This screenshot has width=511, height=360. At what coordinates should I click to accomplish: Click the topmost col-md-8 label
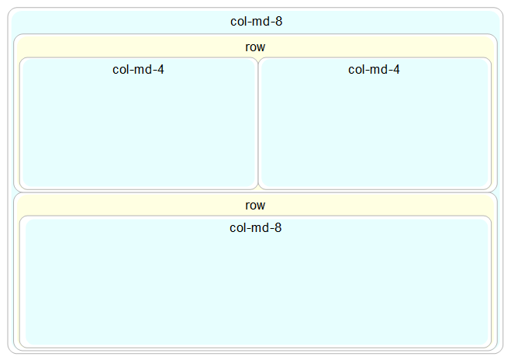[x=256, y=22]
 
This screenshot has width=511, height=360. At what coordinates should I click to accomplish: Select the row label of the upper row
[x=255, y=47]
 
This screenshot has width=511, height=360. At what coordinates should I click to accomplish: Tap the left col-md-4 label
[x=138, y=70]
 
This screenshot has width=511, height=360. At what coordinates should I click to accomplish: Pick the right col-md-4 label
[x=374, y=70]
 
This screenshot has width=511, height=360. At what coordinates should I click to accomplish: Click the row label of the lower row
[x=255, y=206]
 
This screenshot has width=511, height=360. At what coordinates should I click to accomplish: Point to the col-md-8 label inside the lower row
[x=255, y=228]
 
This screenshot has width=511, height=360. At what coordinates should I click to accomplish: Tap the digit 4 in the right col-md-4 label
[x=396, y=70]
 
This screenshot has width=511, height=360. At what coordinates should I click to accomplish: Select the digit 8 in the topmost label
[x=278, y=22]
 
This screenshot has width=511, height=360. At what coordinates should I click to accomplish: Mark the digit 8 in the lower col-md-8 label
[x=278, y=228]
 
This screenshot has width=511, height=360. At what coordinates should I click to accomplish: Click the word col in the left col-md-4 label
[x=120, y=70]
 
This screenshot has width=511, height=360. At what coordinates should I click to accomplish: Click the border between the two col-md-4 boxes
[x=257, y=124]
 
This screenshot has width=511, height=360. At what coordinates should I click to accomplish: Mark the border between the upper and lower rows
[x=255, y=192]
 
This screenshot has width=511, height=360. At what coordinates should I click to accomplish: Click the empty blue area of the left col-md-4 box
[x=138, y=132]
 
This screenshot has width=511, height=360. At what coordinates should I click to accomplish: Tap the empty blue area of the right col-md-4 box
[x=374, y=132]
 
